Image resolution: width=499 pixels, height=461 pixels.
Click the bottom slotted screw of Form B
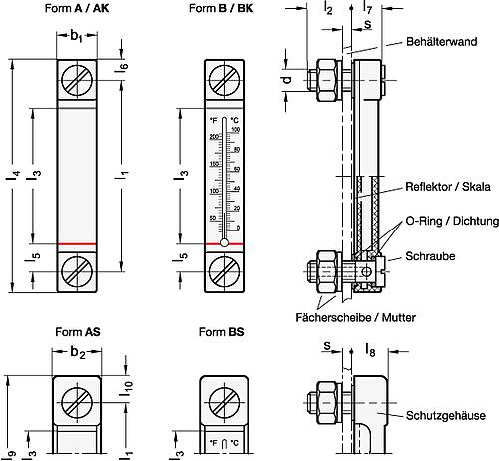click(224, 268)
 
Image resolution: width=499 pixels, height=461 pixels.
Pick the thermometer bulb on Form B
click(224, 241)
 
